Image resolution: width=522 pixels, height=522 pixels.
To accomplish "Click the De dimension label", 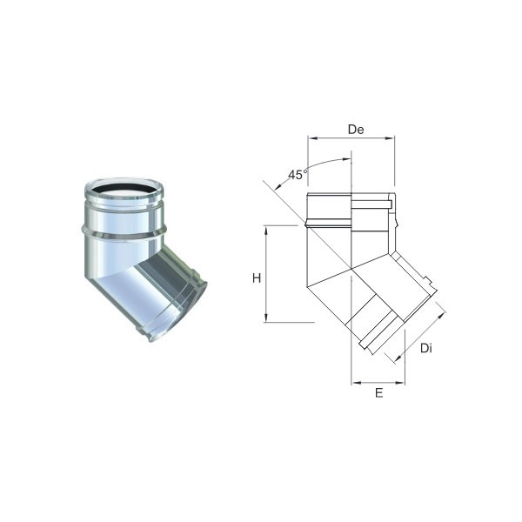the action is point(356,130).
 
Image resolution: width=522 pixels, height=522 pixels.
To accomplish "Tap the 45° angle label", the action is point(298,175).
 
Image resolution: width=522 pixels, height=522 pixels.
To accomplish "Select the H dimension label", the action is point(257,278).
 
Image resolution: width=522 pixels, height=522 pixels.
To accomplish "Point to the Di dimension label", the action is point(426,348).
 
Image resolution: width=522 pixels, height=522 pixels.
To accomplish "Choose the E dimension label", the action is point(378,393).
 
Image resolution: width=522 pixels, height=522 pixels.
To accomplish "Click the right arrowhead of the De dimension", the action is point(390,137).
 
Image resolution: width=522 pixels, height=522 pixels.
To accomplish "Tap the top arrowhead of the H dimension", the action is point(266,231).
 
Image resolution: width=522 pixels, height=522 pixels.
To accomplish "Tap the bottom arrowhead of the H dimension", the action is point(266,318).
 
